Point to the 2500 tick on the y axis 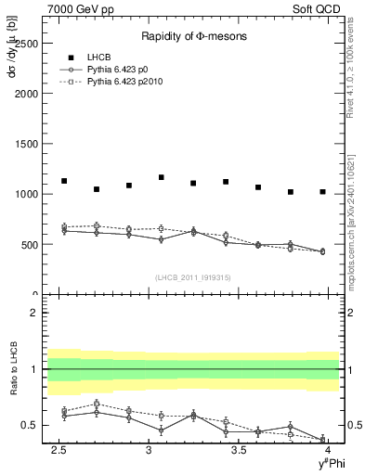tap(25, 44)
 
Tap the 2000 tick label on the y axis tap(25, 94)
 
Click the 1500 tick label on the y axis tap(25, 144)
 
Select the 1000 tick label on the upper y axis tap(25, 195)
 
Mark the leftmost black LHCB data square tap(64, 181)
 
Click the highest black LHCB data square tap(162, 177)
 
